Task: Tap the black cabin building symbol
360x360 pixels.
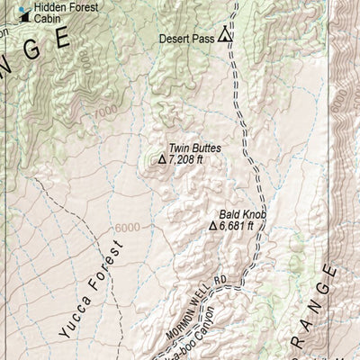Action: click(13, 17)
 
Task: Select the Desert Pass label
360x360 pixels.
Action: click(185, 39)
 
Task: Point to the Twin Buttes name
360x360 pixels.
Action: click(194, 148)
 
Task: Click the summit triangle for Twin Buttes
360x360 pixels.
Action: click(162, 159)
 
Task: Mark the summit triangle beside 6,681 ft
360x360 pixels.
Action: click(213, 227)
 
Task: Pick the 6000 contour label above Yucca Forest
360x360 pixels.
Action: click(126, 228)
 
